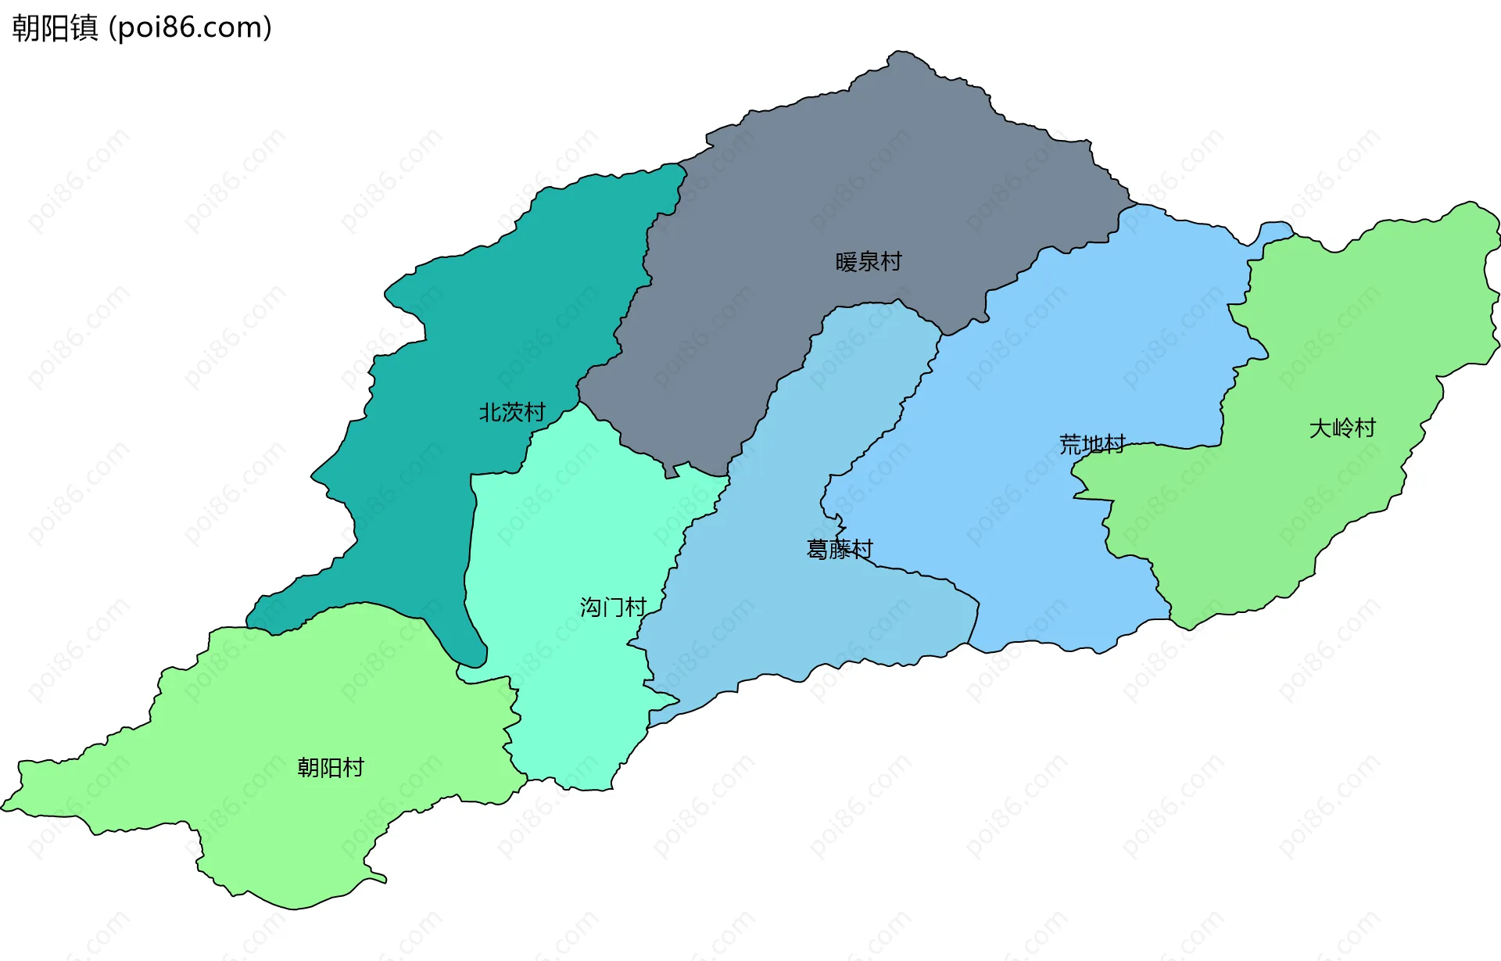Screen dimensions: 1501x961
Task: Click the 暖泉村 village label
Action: coord(869,261)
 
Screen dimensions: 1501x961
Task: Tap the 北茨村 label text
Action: coord(512,412)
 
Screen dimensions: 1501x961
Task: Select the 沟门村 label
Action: coord(613,607)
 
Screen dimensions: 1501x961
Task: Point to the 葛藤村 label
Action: coord(840,549)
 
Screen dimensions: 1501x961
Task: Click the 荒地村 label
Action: coord(1092,444)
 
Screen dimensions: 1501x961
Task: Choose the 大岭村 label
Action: coord(1342,428)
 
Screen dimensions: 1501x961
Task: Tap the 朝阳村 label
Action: coord(331,767)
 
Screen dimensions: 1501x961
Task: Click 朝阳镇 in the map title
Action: coord(55,28)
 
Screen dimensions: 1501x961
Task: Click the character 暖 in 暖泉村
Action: coord(847,261)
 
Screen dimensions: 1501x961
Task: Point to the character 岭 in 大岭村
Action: coord(1342,428)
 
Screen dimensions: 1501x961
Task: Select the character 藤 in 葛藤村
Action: coord(840,549)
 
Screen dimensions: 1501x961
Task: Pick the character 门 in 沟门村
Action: coord(613,607)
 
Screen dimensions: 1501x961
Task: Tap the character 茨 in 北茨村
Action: coord(512,412)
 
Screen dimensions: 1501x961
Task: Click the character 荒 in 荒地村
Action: coord(1070,444)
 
